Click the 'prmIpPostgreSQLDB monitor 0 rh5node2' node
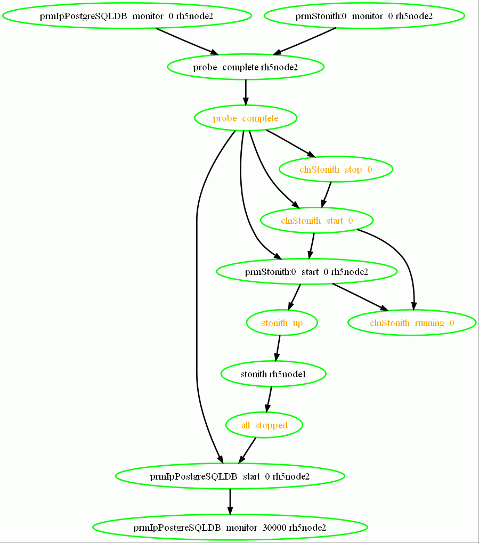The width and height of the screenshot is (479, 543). point(126,16)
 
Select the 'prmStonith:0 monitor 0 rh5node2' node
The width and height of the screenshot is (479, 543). point(364,16)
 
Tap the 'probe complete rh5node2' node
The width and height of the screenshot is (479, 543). point(246,67)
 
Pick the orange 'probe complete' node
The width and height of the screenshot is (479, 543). point(246,118)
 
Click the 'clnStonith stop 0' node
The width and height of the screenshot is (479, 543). point(336,169)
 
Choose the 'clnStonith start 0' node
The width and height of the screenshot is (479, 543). point(316,221)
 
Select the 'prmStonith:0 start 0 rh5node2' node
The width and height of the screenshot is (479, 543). point(306,272)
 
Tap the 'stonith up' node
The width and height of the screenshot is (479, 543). point(282,323)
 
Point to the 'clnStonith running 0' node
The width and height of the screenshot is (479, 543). point(412,323)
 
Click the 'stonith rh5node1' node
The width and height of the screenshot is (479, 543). point(273,374)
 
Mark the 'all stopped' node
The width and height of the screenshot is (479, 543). point(264,425)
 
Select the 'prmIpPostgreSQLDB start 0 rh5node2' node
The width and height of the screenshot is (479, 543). point(230,476)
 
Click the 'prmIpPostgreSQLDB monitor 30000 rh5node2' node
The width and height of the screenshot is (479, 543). point(230,528)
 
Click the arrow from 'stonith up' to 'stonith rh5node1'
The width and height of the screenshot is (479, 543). point(278,349)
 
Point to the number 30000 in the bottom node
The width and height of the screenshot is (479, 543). point(274,528)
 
